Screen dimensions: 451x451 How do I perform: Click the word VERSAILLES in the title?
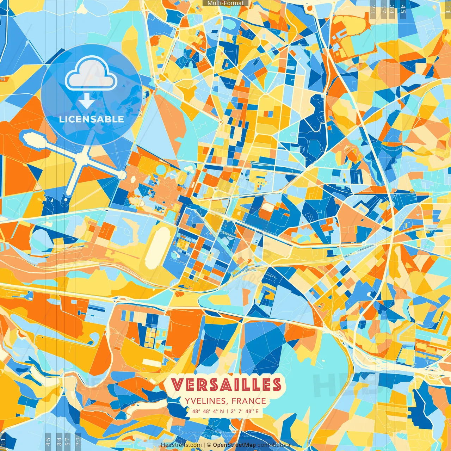pyautogui.click(x=226, y=384)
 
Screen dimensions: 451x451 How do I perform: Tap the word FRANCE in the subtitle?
pyautogui.click(x=249, y=401)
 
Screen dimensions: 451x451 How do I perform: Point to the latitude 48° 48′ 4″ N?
pyautogui.click(x=208, y=411)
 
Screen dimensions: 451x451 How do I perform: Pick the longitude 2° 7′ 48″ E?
pyautogui.click(x=245, y=411)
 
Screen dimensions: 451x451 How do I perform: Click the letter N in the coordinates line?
pyautogui.click(x=222, y=411)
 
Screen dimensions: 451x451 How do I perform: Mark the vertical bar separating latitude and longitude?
pyautogui.click(x=227, y=411)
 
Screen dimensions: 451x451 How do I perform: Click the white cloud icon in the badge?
pyautogui.click(x=91, y=74)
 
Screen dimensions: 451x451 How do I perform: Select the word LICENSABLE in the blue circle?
pyautogui.click(x=92, y=119)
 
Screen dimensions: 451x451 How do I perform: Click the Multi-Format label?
pyautogui.click(x=225, y=3)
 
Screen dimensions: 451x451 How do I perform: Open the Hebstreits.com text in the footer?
pyautogui.click(x=181, y=445)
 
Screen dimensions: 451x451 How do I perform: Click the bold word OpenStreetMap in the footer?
pyautogui.click(x=234, y=445)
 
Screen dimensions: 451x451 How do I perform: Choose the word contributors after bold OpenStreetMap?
pyautogui.click(x=273, y=445)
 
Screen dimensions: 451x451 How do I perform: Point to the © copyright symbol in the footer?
pyautogui.click(x=209, y=445)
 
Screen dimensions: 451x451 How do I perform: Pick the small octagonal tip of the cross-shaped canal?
pyautogui.click(x=122, y=174)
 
